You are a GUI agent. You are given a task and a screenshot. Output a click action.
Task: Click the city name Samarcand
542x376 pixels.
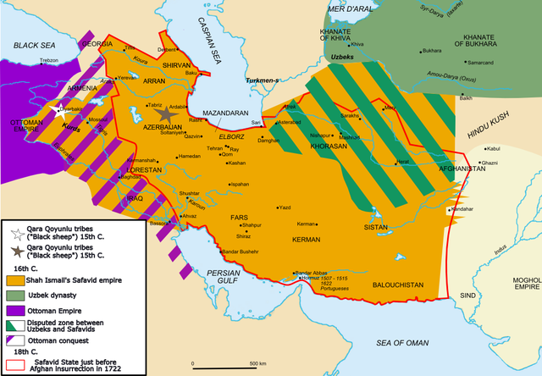(483, 64)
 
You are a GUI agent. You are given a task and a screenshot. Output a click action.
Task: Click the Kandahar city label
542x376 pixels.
(462, 208)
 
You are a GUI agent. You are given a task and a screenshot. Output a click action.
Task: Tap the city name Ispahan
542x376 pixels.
(240, 184)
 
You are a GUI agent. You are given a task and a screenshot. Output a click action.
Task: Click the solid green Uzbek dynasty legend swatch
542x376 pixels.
(15, 294)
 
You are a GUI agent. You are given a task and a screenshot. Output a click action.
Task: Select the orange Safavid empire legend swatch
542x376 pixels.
(15, 280)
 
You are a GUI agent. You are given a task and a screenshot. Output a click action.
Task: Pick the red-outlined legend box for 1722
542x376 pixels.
(15, 364)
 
